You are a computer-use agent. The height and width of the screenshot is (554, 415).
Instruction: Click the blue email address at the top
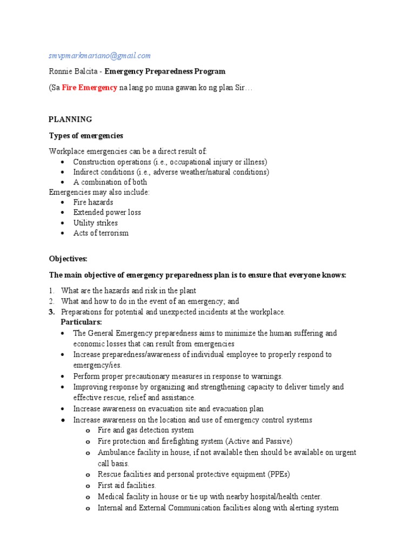click(100, 56)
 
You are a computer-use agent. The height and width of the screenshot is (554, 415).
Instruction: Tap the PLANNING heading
click(70, 120)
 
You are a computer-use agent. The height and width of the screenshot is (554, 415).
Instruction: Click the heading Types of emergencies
click(86, 136)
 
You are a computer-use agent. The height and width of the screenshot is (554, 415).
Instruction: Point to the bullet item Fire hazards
click(93, 202)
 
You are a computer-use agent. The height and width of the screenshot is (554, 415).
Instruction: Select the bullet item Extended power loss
click(107, 213)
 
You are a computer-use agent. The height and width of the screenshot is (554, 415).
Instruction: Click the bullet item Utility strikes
click(95, 223)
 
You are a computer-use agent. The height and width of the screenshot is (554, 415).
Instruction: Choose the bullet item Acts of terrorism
click(101, 233)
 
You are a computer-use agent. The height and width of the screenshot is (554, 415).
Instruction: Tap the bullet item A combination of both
click(110, 182)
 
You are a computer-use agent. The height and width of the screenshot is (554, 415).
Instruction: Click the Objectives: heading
click(68, 259)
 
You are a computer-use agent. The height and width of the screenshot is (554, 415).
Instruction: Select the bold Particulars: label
click(85, 322)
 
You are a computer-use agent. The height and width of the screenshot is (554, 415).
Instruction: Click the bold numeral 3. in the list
click(52, 312)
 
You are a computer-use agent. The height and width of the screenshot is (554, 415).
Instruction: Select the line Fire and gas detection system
click(145, 431)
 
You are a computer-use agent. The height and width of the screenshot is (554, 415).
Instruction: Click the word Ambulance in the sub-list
click(116, 453)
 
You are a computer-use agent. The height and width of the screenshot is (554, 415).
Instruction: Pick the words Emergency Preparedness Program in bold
click(165, 71)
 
